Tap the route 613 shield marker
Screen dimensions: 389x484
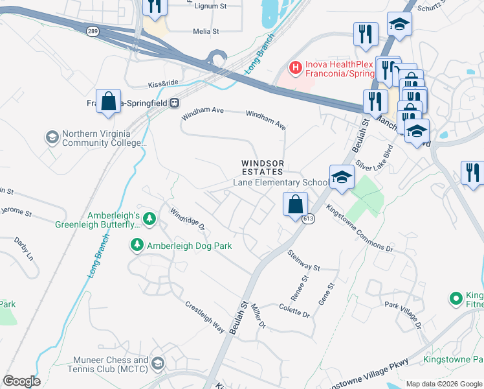coord(307,219)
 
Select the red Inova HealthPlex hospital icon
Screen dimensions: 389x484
coord(295,67)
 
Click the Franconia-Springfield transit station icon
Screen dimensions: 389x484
coord(175,102)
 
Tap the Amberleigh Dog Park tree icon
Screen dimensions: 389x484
coord(137,245)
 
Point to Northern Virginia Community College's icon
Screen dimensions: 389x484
coord(52,137)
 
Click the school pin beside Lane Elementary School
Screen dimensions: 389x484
coord(341,176)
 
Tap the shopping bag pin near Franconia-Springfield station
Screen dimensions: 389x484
coord(108,101)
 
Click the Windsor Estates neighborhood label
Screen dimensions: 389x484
coord(263,167)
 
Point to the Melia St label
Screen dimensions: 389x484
coord(206,30)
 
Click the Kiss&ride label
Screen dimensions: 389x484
coord(162,84)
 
